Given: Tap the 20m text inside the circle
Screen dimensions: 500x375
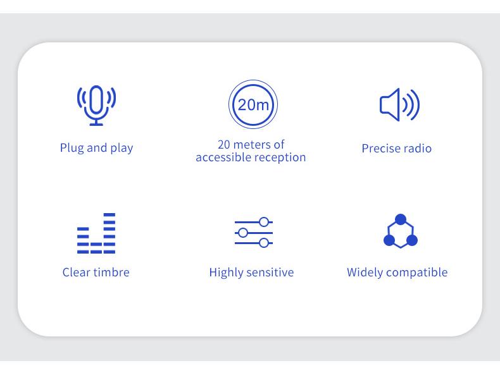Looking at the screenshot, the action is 253,104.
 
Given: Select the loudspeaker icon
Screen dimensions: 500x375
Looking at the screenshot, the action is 399,104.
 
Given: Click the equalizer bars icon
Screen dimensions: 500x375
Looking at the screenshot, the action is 96,233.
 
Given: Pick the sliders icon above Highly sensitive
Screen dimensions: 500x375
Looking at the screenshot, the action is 254,233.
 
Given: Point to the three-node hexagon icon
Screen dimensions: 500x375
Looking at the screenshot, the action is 401,231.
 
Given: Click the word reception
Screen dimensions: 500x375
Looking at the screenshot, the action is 275,157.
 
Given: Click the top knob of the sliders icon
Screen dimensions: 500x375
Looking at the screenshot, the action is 264,222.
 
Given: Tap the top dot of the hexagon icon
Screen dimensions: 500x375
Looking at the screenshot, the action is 401,219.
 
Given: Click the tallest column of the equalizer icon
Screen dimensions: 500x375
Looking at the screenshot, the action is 109,233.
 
